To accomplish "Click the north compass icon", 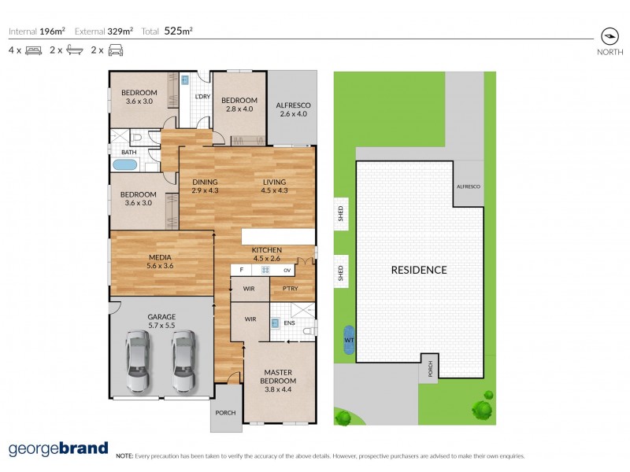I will [x=608, y=36].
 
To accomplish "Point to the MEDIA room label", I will [x=161, y=261].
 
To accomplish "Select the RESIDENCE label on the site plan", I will [x=419, y=270].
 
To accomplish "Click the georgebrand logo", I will [x=58, y=449].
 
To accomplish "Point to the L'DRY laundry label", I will [x=202, y=97].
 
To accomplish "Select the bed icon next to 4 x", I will [x=33, y=50].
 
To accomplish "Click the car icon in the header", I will [x=116, y=50].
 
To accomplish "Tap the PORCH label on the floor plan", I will [x=226, y=414].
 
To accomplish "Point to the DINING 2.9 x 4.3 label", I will [x=206, y=186].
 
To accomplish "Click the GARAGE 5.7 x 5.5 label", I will [x=161, y=321].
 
